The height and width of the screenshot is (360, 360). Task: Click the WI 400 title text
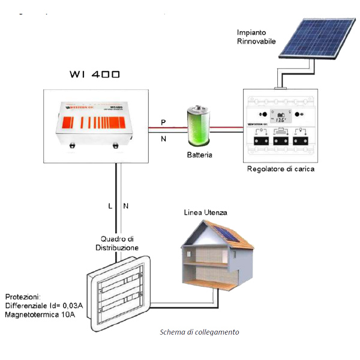click(x=95, y=75)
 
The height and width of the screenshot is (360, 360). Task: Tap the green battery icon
click(x=198, y=127)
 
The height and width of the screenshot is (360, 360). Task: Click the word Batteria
click(x=199, y=154)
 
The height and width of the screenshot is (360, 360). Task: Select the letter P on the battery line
click(x=163, y=122)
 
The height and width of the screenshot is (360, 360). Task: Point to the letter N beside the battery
click(x=163, y=139)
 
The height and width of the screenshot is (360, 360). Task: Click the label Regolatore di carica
click(x=281, y=169)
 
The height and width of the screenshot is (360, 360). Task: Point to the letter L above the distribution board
click(x=110, y=206)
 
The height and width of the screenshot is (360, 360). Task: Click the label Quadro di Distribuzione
click(x=117, y=243)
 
